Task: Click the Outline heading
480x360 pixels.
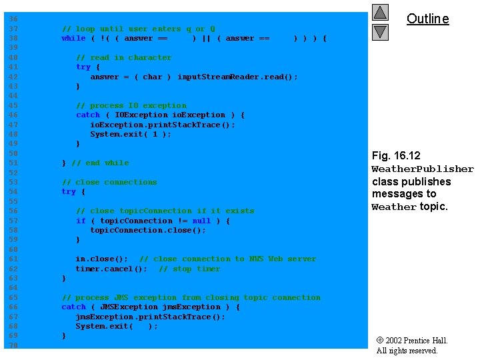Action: (x=427, y=19)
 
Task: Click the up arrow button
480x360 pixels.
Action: (x=380, y=13)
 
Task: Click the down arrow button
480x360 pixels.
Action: (x=380, y=31)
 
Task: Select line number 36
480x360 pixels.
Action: (x=13, y=19)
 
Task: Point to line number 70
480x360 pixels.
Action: (x=13, y=345)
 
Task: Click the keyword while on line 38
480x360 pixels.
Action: (x=73, y=39)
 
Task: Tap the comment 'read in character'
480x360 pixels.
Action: (x=123, y=58)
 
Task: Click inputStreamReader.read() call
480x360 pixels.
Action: (x=237, y=77)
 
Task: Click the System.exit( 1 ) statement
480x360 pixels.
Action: (x=130, y=135)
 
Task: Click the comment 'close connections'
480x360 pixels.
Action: (x=109, y=183)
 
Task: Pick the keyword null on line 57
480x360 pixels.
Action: (x=201, y=221)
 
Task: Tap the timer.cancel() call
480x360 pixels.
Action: (x=111, y=269)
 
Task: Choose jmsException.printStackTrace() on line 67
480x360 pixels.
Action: (x=150, y=317)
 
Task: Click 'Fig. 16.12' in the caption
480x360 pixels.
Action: (x=396, y=156)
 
